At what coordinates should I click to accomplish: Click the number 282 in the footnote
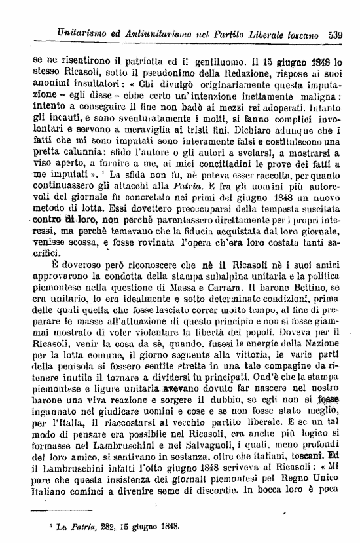[x=98, y=525]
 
